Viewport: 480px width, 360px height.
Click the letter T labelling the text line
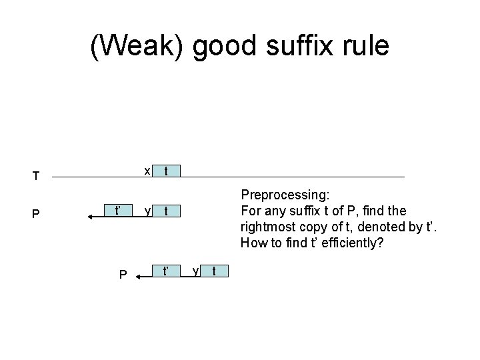point(37,177)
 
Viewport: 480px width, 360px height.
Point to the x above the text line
point(147,170)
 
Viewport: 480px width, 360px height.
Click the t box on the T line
point(166,170)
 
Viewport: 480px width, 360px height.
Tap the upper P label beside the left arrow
point(37,215)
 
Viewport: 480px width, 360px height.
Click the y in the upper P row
point(147,212)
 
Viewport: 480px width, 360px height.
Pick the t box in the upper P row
point(166,212)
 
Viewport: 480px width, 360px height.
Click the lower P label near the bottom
point(122,274)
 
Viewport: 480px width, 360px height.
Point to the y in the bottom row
point(194,271)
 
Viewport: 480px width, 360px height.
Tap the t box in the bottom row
point(213,271)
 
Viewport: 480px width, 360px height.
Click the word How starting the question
point(253,243)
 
